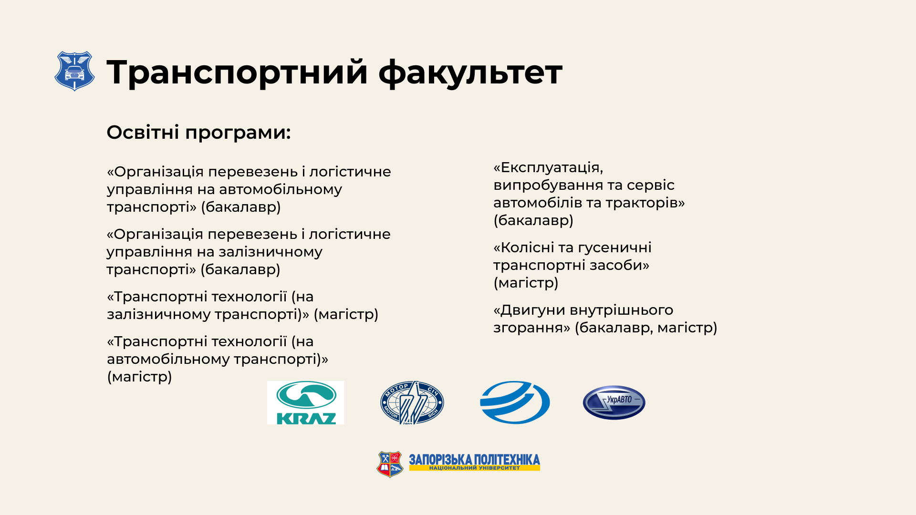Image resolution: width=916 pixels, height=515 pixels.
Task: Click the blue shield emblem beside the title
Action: [74, 71]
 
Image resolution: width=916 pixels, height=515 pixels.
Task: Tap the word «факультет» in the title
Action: [470, 72]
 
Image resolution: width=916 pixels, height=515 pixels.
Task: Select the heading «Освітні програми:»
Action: [198, 132]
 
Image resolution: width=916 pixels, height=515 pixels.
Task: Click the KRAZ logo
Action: [305, 402]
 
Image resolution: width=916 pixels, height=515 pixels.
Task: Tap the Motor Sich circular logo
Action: [412, 402]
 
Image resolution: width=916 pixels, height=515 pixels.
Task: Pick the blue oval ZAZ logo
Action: [515, 402]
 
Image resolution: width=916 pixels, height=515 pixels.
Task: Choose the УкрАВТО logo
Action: [614, 402]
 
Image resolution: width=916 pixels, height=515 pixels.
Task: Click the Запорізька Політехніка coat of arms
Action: [390, 464]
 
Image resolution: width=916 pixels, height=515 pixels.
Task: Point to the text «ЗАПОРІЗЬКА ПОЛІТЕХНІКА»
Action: [474, 460]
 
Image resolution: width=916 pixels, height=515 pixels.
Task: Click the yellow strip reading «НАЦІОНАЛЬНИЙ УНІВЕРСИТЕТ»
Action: [474, 468]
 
